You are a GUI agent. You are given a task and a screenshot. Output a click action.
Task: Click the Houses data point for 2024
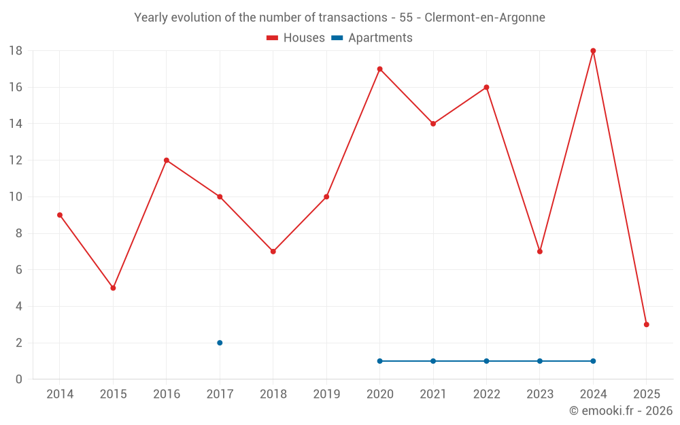click(593, 51)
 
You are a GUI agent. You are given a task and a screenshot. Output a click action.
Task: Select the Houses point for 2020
click(379, 69)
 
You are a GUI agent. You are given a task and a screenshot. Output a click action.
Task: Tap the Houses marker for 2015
click(113, 288)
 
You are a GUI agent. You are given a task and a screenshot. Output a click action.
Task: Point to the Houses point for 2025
click(646, 324)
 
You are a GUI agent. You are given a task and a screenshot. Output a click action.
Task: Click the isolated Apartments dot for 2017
click(220, 343)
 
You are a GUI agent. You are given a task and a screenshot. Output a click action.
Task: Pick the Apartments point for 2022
click(486, 361)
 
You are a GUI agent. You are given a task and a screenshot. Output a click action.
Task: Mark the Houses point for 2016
click(167, 160)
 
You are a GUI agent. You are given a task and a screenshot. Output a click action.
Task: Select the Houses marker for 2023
click(540, 252)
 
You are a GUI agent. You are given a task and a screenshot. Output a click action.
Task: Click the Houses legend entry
click(296, 38)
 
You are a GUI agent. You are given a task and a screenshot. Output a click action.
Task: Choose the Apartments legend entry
click(372, 38)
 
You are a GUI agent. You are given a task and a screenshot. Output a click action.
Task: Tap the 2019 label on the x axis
click(326, 394)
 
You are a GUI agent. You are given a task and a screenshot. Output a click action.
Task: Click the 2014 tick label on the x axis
click(59, 394)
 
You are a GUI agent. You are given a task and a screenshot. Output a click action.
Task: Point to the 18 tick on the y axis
click(16, 51)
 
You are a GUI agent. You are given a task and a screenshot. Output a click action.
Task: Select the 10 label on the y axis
click(16, 197)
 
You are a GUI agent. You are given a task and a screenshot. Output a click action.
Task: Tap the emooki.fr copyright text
click(620, 411)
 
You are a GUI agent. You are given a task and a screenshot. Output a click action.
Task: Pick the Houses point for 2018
click(273, 252)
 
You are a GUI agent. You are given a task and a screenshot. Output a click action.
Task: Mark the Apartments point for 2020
click(379, 361)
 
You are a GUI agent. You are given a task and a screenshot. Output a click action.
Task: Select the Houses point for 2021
click(433, 124)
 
